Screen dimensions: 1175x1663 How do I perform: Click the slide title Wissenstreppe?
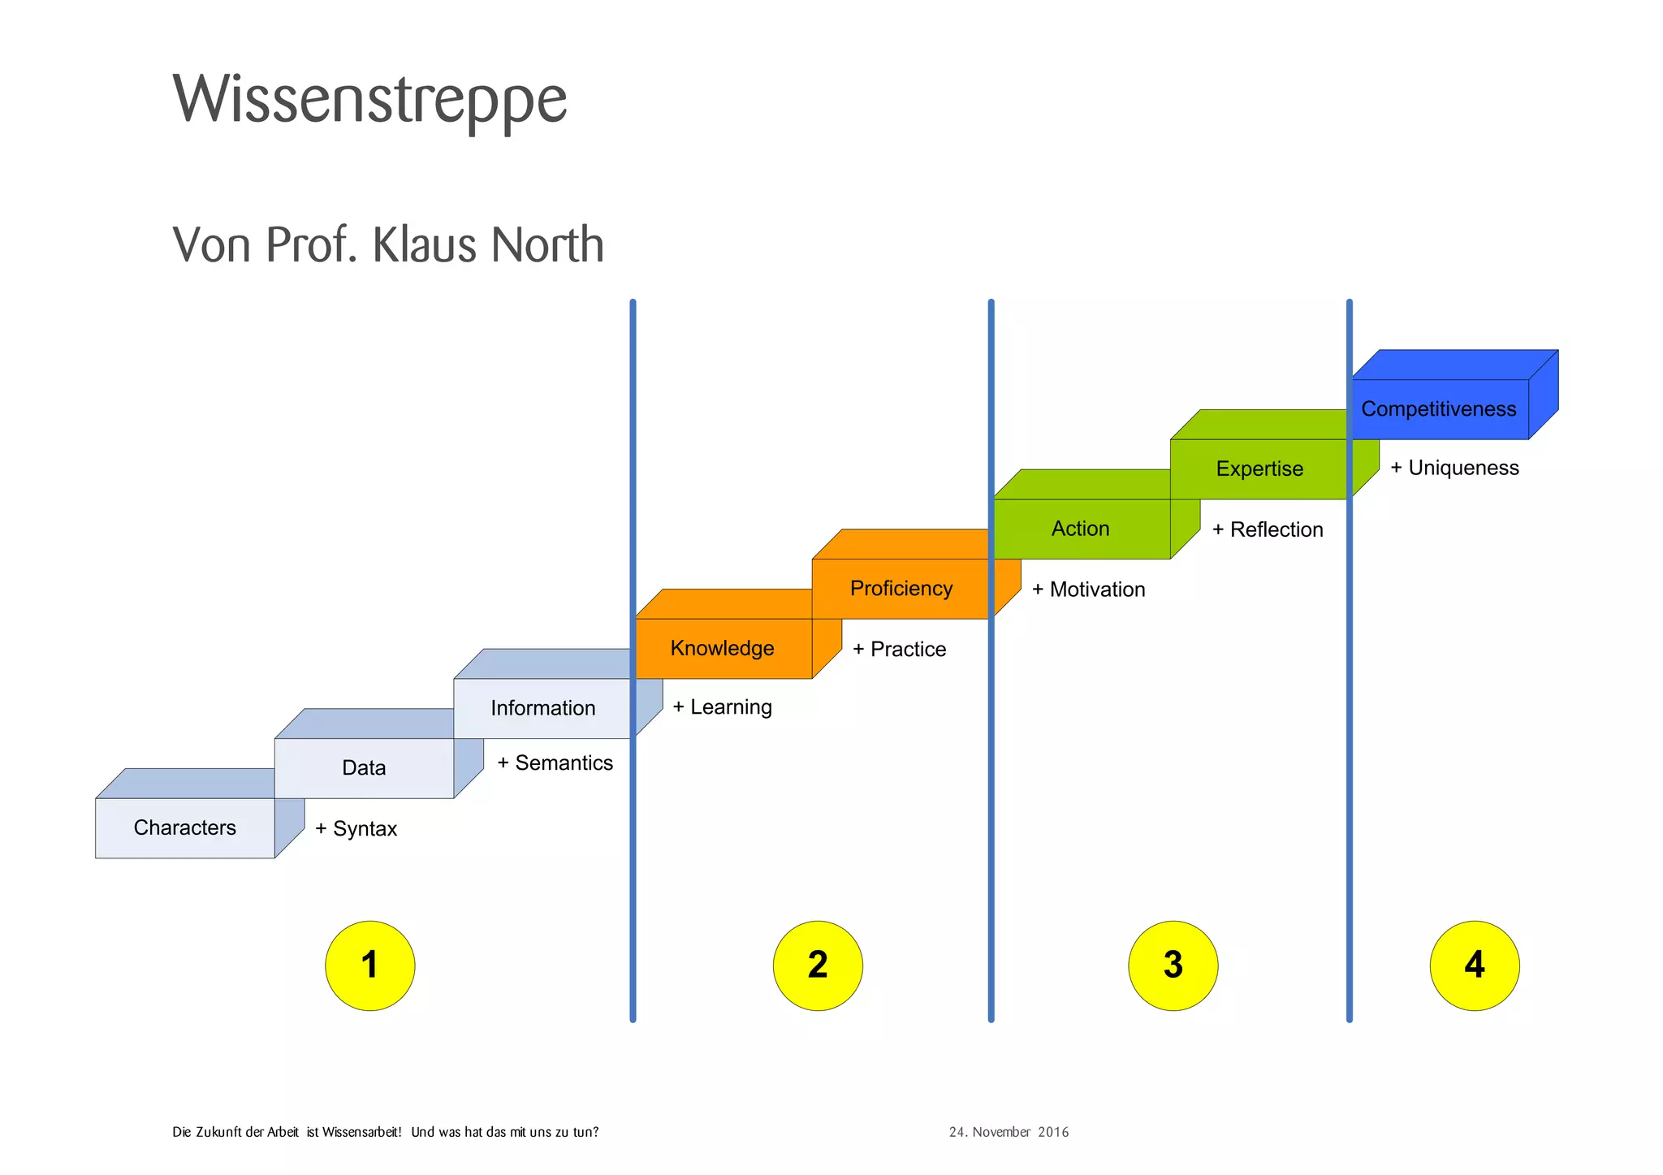click(x=369, y=100)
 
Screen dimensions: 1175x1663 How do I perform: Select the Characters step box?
click(x=184, y=827)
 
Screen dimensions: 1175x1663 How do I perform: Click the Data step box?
click(x=363, y=767)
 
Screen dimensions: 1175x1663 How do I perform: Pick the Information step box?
click(x=542, y=708)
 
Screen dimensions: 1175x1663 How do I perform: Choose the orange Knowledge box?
click(x=722, y=648)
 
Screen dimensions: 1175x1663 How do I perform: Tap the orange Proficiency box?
click(x=901, y=588)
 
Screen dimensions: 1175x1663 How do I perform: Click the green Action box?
click(x=1080, y=529)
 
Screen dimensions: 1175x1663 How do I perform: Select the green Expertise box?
click(x=1259, y=469)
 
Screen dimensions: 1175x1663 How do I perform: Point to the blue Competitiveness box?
click(x=1438, y=408)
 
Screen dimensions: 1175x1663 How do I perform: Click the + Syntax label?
click(x=356, y=828)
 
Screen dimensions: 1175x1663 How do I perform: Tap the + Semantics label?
click(x=555, y=762)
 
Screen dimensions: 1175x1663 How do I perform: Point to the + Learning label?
click(x=722, y=706)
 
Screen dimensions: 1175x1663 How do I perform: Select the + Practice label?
click(x=899, y=649)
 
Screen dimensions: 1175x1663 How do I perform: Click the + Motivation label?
click(x=1088, y=590)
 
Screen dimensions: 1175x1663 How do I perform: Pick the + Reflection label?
click(x=1268, y=529)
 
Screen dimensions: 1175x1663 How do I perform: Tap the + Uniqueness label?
click(x=1454, y=468)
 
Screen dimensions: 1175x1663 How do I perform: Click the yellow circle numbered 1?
click(x=369, y=965)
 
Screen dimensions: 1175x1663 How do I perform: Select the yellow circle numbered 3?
click(x=1173, y=965)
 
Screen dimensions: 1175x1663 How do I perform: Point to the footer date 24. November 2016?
click(x=1009, y=1132)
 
